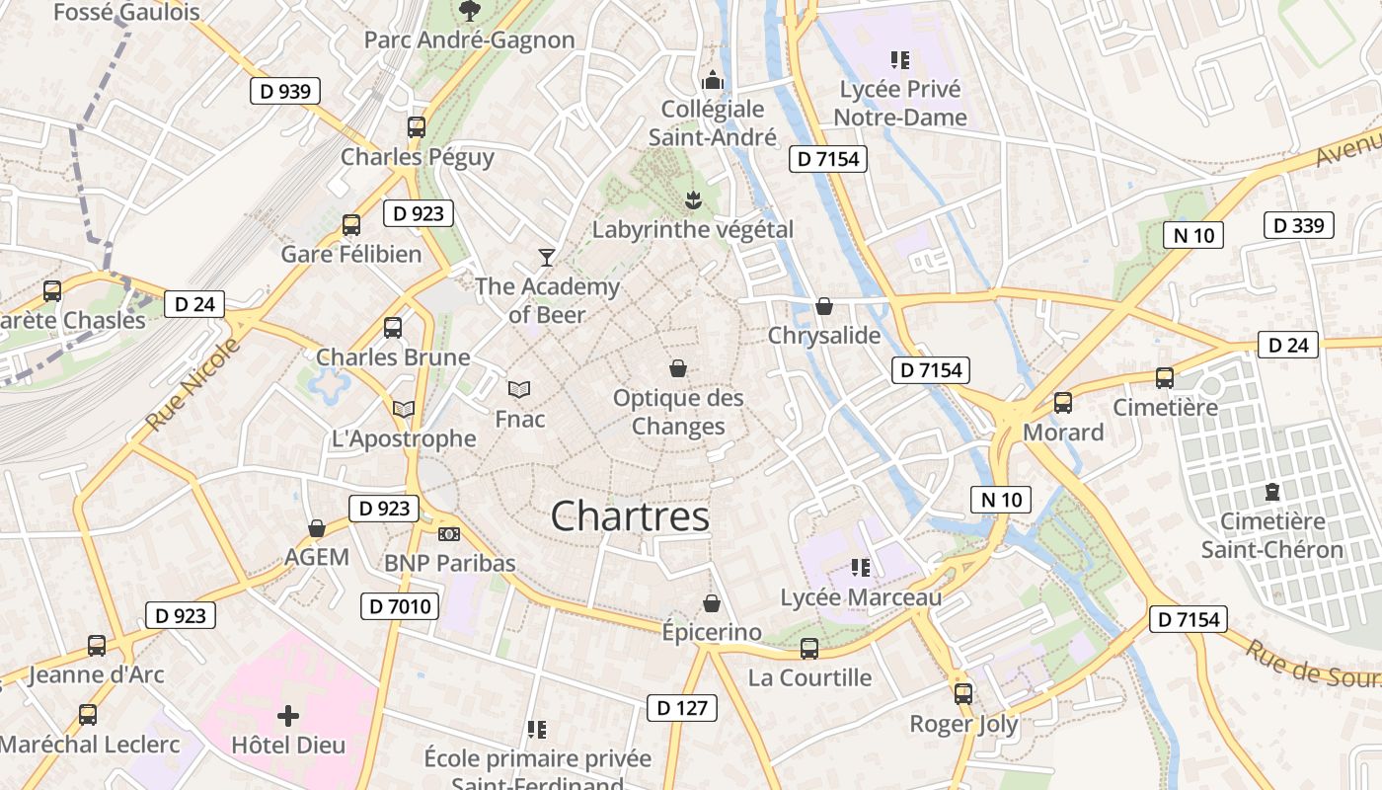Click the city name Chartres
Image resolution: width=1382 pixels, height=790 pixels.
pos(630,516)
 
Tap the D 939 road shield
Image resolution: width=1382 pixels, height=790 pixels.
pos(285,92)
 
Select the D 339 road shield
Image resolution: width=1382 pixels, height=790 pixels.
pos(1298,225)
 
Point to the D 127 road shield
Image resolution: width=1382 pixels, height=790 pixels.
pos(682,707)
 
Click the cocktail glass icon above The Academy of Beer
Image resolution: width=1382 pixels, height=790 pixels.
pos(546,258)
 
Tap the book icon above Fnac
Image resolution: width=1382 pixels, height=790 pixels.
pos(519,389)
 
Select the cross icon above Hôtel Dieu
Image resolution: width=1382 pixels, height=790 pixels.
pos(288,714)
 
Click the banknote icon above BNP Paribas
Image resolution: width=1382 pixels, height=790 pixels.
pos(449,534)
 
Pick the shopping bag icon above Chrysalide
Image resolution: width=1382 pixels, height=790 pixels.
pos(824,306)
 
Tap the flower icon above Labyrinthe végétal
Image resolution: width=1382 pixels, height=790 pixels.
pos(692,200)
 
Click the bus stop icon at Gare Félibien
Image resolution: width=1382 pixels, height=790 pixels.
pos(351,225)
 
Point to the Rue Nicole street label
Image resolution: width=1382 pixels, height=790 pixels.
pos(193,385)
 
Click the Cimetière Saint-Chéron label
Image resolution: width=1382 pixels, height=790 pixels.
pos(1272,535)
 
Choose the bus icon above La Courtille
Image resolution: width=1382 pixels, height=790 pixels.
pos(809,649)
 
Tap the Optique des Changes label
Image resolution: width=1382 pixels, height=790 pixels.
pos(678,413)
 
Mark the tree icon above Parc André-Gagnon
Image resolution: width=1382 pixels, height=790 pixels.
pos(469,11)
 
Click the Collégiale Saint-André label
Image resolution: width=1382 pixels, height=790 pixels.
pos(713,123)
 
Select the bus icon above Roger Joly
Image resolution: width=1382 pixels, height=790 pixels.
pos(963,694)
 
